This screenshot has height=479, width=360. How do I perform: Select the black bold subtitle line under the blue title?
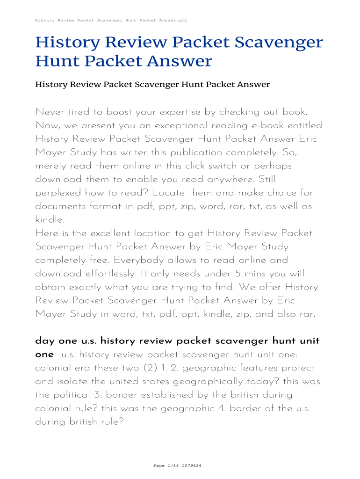coord(152,85)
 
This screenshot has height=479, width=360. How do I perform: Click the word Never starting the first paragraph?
coord(50,112)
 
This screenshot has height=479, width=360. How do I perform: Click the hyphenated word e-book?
coord(264,125)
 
